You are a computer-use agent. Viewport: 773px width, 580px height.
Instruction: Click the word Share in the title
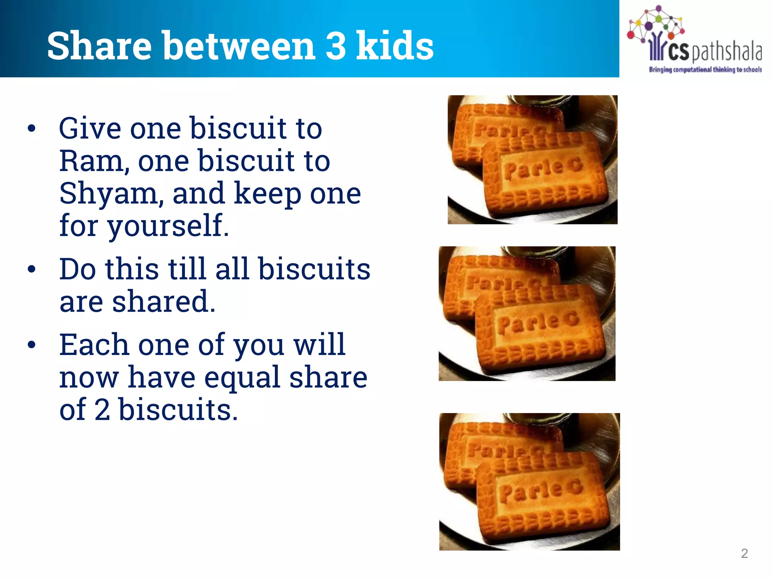click(99, 46)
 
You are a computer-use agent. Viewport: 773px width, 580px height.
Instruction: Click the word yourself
click(168, 226)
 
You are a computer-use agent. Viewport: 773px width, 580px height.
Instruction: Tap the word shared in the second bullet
click(163, 301)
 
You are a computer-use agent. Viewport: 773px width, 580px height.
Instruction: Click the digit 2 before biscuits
click(102, 409)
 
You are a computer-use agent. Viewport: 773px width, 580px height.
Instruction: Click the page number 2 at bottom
click(744, 553)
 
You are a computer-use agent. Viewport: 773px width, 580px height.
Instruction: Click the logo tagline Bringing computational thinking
click(705, 69)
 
